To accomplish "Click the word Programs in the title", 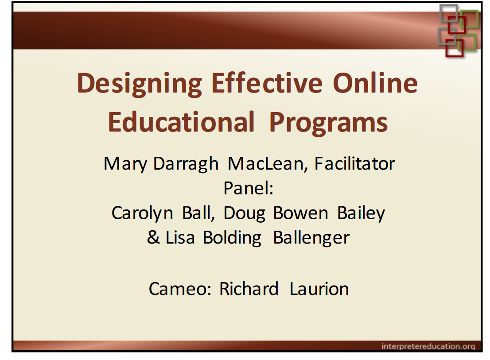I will pyautogui.click(x=328, y=123).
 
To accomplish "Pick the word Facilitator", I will pyautogui.click(x=354, y=163).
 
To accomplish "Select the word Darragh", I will pyautogui.click(x=186, y=164).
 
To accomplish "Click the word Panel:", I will pyautogui.click(x=248, y=188).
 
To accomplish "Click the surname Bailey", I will pyautogui.click(x=361, y=213).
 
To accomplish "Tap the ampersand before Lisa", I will pyautogui.click(x=153, y=238).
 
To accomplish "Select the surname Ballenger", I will pyautogui.click(x=311, y=238).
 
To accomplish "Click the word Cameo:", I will pyautogui.click(x=181, y=289).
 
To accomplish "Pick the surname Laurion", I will pyautogui.click(x=319, y=289).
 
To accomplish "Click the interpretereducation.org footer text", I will pyautogui.click(x=428, y=346).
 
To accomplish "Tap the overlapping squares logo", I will pyautogui.click(x=458, y=30).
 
